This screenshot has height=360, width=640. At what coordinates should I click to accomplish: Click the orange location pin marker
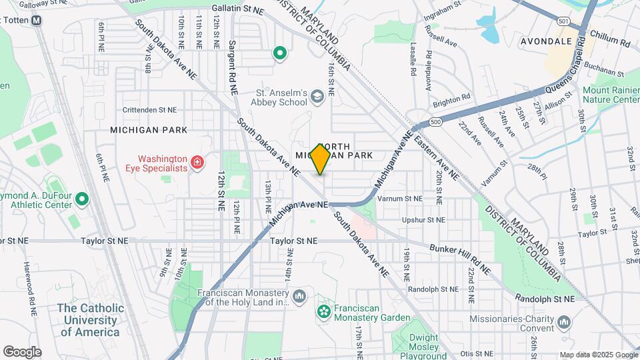(x=320, y=159)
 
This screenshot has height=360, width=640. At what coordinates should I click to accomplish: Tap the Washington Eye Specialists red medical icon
(x=197, y=163)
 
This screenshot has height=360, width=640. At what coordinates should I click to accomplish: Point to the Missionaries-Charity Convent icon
(x=564, y=323)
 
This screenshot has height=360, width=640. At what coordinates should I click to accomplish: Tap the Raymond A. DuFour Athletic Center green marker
(x=81, y=199)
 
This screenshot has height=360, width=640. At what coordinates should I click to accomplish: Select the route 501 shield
(x=564, y=22)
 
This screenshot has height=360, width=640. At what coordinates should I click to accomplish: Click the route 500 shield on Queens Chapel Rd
(x=435, y=123)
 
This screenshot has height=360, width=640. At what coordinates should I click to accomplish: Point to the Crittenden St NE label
(x=150, y=109)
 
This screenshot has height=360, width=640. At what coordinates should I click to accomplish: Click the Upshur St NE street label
(x=423, y=219)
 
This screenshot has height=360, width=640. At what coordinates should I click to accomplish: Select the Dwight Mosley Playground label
(x=419, y=343)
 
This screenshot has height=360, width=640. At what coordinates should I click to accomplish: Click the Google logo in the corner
(x=22, y=351)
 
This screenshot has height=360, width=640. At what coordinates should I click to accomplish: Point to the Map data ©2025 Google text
(x=597, y=355)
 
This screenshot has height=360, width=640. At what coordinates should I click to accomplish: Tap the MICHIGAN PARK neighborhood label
(x=149, y=129)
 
